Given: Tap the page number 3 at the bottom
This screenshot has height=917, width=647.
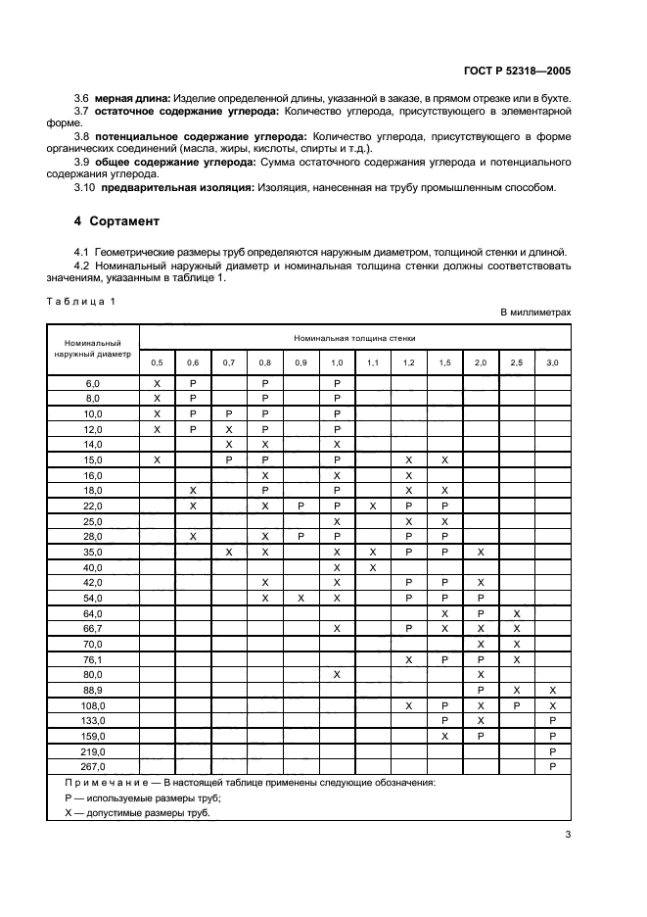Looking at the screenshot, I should click(x=568, y=834).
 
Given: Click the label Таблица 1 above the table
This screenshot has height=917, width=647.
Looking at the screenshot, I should click(x=81, y=301).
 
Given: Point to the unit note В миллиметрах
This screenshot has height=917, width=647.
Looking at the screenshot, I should click(x=535, y=312).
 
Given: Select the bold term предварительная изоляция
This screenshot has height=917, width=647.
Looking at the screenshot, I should click(x=174, y=188).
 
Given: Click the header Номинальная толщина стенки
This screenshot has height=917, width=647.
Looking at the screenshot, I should click(x=354, y=336).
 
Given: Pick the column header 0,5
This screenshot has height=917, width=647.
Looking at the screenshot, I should click(x=157, y=362).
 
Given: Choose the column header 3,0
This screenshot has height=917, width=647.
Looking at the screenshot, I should click(x=552, y=362).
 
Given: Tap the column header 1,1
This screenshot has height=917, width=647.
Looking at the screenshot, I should click(x=373, y=362).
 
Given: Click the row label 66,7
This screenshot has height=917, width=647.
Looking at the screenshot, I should click(x=93, y=628).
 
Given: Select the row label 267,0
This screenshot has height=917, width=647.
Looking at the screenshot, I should click(x=93, y=766).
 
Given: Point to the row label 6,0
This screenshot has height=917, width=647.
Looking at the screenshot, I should click(x=93, y=385).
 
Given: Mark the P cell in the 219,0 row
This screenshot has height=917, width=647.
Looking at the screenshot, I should click(x=552, y=751).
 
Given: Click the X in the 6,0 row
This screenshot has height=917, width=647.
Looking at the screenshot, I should click(x=157, y=385).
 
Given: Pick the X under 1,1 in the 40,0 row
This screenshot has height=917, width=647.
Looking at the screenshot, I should click(x=373, y=567).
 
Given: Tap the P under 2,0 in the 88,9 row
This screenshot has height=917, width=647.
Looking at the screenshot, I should click(x=481, y=690).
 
